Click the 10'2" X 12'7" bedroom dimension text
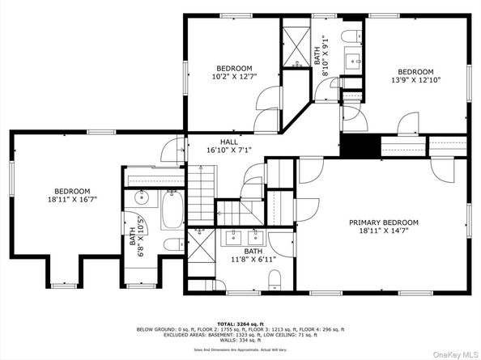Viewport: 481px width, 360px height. coord(234,77)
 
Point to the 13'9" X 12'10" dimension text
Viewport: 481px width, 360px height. coord(415,81)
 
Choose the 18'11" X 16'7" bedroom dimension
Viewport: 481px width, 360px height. coord(72,200)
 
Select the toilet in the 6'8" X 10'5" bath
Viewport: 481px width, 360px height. coord(171,244)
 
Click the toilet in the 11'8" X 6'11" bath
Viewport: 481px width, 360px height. coord(274,280)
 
